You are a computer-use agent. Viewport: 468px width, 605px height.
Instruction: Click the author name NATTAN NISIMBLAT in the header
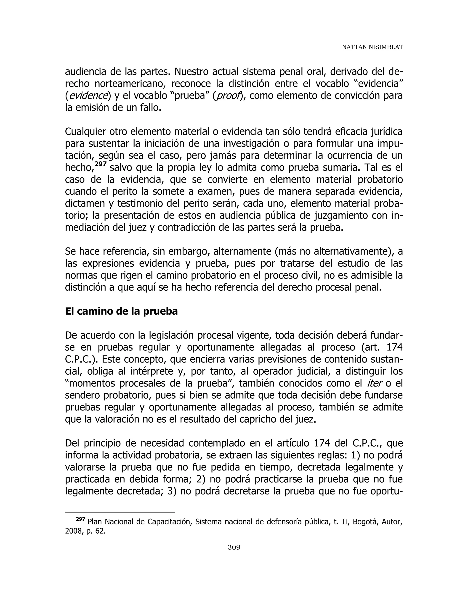[x=372, y=47]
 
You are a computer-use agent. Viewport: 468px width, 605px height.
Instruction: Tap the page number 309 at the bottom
[x=234, y=547]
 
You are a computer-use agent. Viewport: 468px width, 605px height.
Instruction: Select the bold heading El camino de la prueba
[x=121, y=311]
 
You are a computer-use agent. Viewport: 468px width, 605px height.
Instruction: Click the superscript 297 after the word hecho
[x=101, y=164]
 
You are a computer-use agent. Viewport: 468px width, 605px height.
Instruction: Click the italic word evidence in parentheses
[x=88, y=96]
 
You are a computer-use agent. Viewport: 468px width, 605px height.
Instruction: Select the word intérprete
[x=153, y=371]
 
